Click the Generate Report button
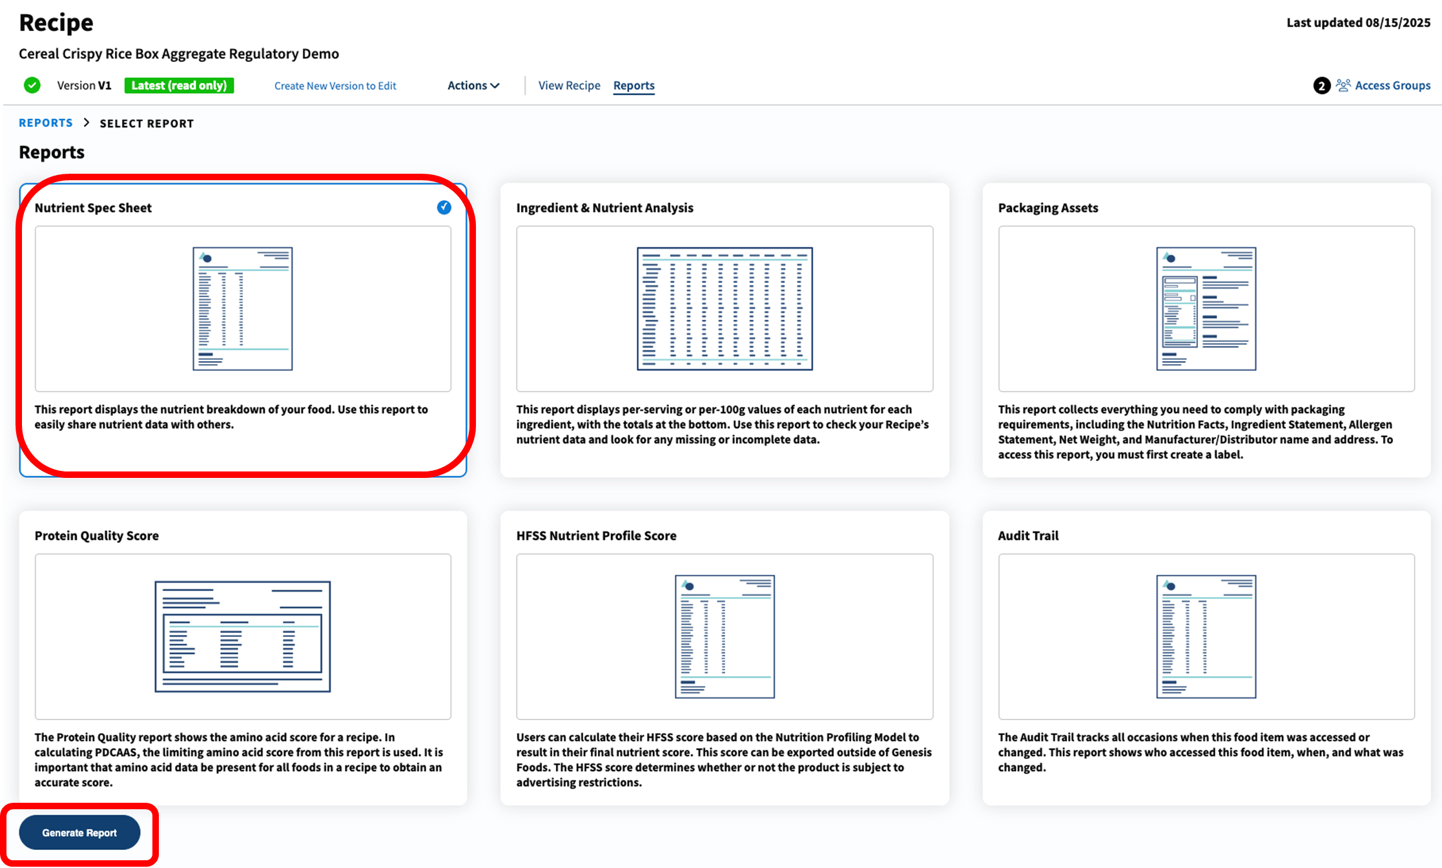pyautogui.click(x=79, y=832)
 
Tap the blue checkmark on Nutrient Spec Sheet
pyautogui.click(x=444, y=207)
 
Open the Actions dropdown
pyautogui.click(x=473, y=85)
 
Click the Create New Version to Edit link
pyautogui.click(x=335, y=86)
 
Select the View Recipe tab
pyautogui.click(x=569, y=85)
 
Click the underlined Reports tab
pyautogui.click(x=633, y=85)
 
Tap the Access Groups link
pyautogui.click(x=1392, y=85)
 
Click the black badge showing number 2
pyautogui.click(x=1321, y=85)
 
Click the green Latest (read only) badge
pyautogui.click(x=179, y=85)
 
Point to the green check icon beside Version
pyautogui.click(x=32, y=85)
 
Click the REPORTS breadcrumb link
pyautogui.click(x=46, y=123)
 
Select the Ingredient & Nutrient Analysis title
pyautogui.click(x=604, y=208)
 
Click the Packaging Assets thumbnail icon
pyautogui.click(x=1206, y=309)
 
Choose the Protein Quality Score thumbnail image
pyautogui.click(x=243, y=636)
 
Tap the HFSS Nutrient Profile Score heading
pyautogui.click(x=596, y=535)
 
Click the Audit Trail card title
pyautogui.click(x=1028, y=535)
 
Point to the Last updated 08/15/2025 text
pyautogui.click(x=1358, y=23)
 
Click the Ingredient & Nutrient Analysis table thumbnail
pyautogui.click(x=725, y=309)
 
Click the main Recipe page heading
pyautogui.click(x=56, y=23)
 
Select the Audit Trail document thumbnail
pyautogui.click(x=1206, y=636)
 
